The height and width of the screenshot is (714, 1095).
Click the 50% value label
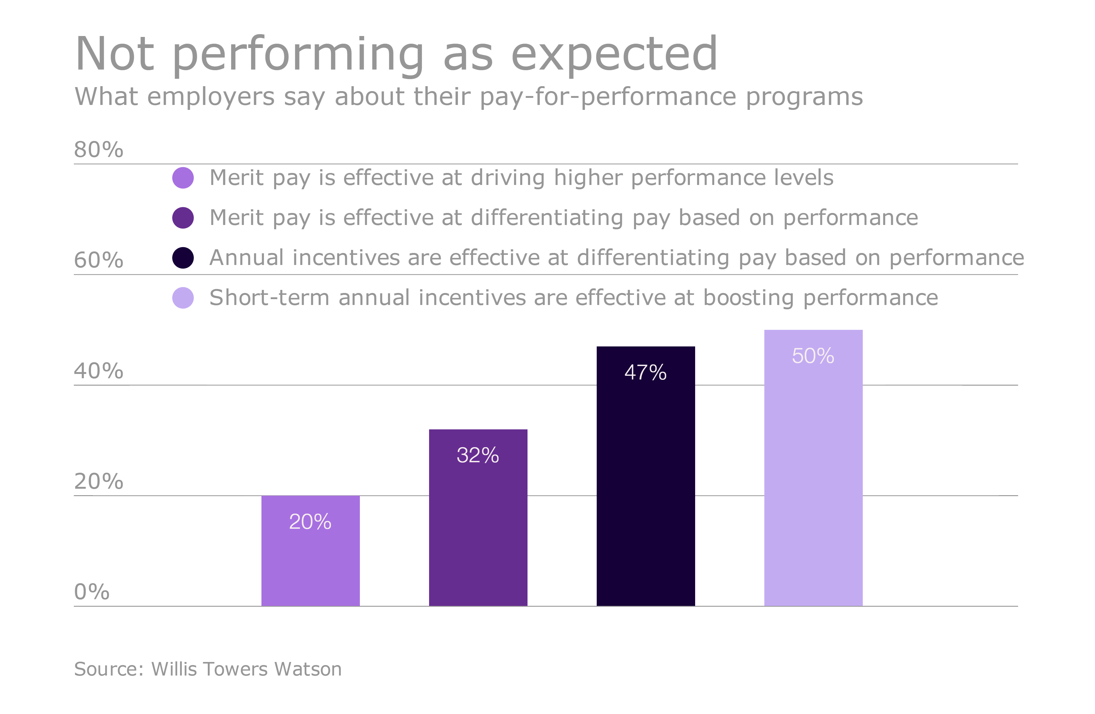813,356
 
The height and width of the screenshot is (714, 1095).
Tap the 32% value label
478,455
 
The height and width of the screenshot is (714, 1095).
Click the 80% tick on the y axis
98,150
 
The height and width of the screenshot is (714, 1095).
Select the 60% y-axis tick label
98,260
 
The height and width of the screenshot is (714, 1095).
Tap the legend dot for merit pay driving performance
183,178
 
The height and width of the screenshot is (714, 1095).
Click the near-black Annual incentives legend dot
183,258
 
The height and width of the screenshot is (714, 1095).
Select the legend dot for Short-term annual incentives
183,298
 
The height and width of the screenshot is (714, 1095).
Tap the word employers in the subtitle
211,97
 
